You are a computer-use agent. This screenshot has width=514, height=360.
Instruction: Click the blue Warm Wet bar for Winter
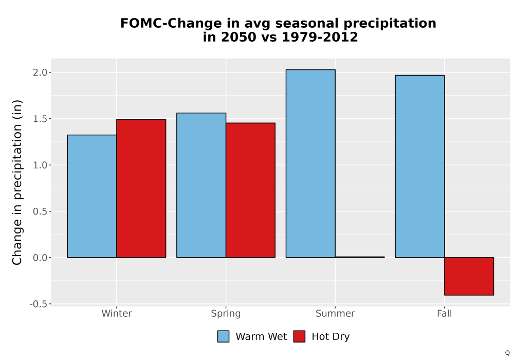(x=92, y=196)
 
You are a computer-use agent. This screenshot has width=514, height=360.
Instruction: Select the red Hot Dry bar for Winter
(x=141, y=189)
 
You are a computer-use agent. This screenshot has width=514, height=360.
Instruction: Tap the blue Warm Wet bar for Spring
(x=201, y=185)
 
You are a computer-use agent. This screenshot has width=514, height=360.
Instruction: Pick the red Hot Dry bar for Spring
(x=250, y=190)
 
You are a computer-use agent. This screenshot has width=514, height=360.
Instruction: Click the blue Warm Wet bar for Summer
(x=310, y=164)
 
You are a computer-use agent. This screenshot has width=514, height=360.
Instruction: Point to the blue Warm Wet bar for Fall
(x=420, y=166)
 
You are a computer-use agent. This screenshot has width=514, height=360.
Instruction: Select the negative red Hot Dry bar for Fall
(x=469, y=276)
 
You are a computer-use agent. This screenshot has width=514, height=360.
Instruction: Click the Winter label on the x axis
(x=117, y=313)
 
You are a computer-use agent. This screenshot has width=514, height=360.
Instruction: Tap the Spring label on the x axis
(x=226, y=314)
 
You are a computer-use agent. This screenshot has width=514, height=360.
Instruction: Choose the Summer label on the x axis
(x=335, y=313)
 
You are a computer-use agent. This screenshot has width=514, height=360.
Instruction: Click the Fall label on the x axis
(x=445, y=313)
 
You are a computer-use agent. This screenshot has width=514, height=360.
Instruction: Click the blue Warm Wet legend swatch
(x=223, y=336)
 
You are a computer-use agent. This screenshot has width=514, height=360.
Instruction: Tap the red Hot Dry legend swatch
(x=299, y=336)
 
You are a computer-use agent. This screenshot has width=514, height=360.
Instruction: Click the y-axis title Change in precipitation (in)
(x=17, y=182)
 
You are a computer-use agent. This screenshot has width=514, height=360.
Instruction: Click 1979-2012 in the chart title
(x=320, y=37)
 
